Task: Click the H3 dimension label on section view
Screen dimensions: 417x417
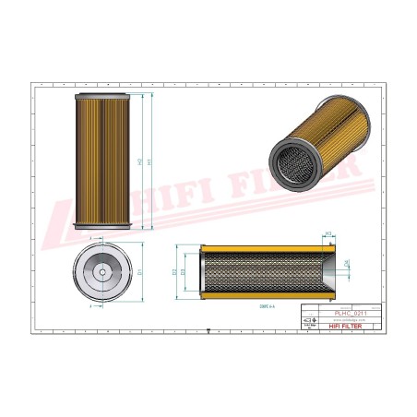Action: [328, 234]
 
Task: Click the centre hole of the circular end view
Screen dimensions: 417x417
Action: [101, 273]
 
